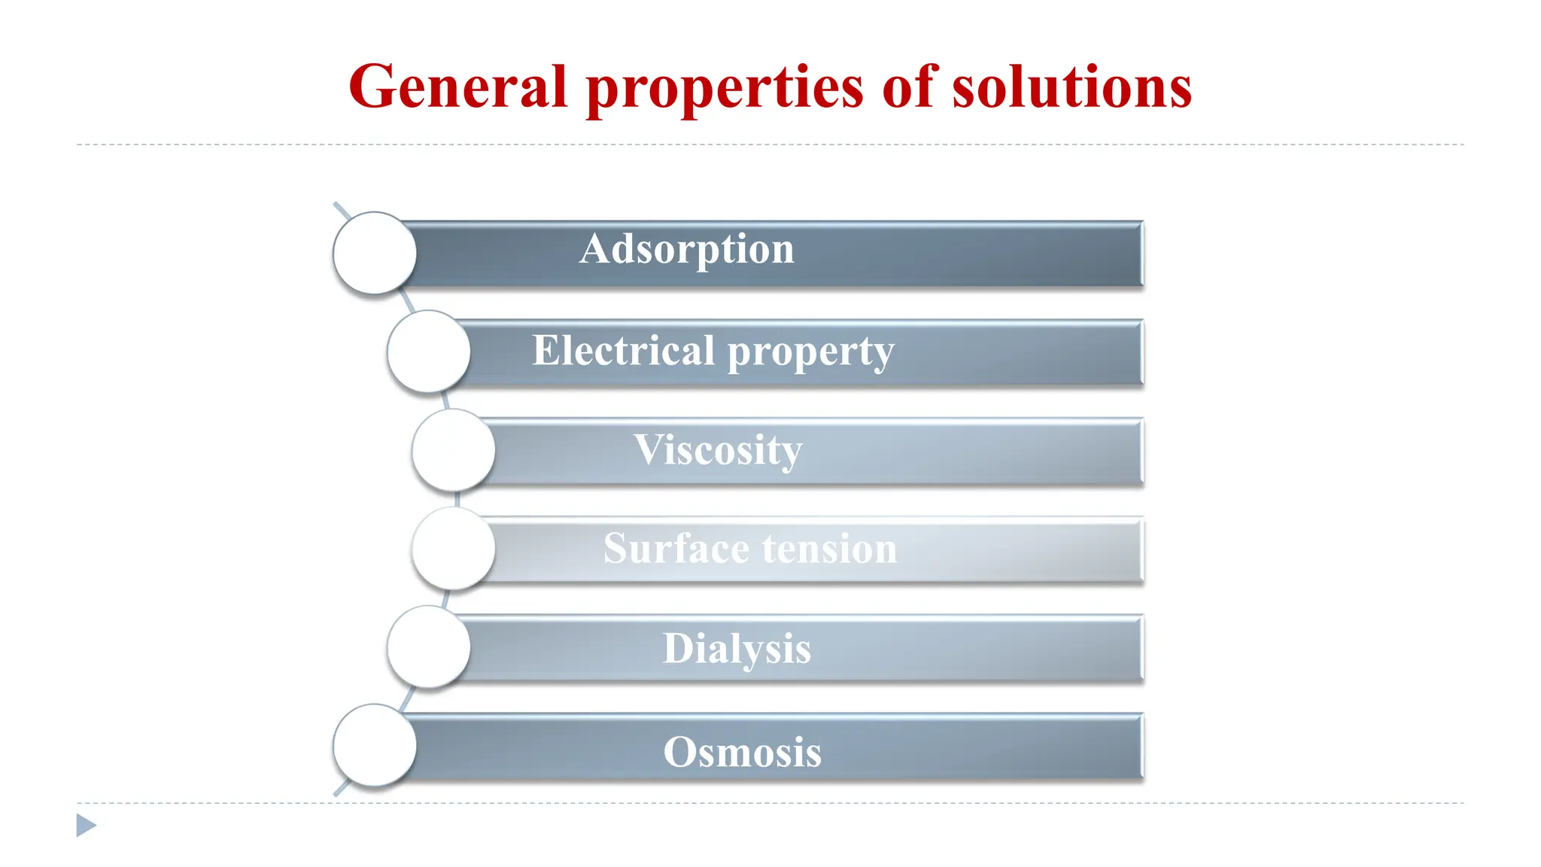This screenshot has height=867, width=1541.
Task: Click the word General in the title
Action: coord(457,87)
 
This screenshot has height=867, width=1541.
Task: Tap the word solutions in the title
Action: coord(1071,87)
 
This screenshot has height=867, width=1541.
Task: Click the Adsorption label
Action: coord(686,250)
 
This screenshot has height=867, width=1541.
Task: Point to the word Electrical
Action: coord(623,351)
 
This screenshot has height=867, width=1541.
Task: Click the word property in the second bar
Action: coord(811,353)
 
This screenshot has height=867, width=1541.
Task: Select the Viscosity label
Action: coord(718,451)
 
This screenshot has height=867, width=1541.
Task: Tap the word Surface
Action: coord(667,548)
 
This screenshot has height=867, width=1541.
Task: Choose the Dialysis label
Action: coord(737,649)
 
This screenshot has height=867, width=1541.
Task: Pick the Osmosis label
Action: coord(742,751)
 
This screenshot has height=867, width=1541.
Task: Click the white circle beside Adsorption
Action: coord(375,253)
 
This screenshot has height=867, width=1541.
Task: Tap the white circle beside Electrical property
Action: coord(429,351)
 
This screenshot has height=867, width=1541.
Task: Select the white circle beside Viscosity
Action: coord(454,450)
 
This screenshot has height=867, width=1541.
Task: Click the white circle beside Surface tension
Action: coord(454,549)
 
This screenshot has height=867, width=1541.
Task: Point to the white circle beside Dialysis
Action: coord(429,647)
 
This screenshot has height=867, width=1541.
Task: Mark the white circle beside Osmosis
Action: coord(375,746)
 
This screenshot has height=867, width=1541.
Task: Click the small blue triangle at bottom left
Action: coord(85,826)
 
